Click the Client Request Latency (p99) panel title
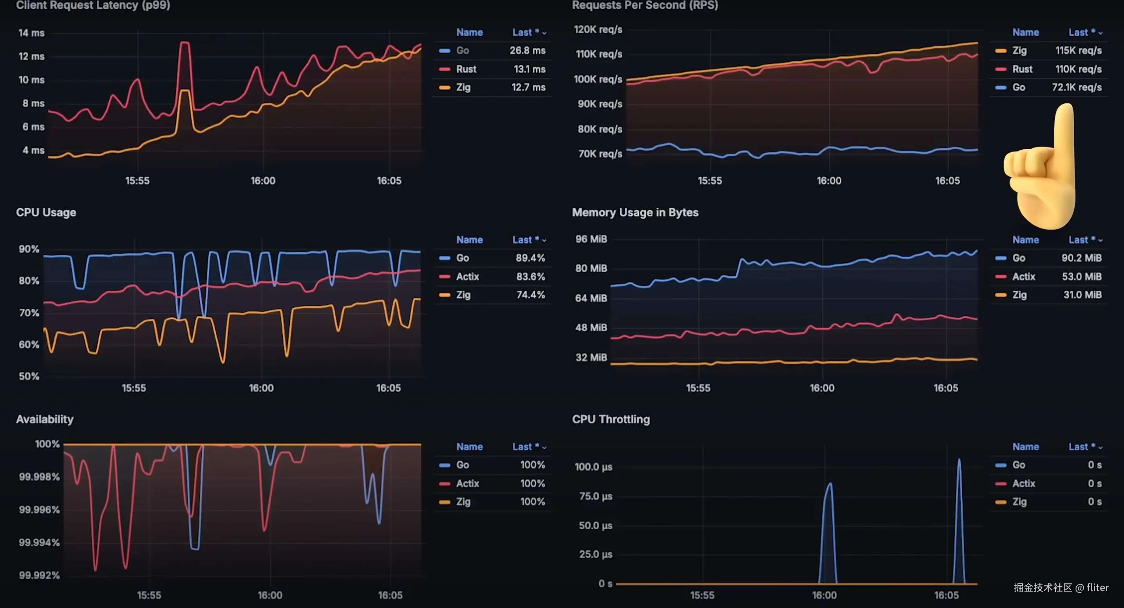pyautogui.click(x=93, y=5)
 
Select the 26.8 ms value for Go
pyautogui.click(x=527, y=51)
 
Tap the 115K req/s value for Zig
pyautogui.click(x=1078, y=51)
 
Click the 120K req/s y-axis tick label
pyautogui.click(x=597, y=30)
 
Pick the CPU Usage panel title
pyautogui.click(x=46, y=213)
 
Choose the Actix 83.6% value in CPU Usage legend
pyautogui.click(x=530, y=277)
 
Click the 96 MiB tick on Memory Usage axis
pyautogui.click(x=591, y=239)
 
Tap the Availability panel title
pyautogui.click(x=45, y=420)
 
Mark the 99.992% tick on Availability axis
pyautogui.click(x=39, y=575)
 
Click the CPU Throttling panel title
pyautogui.click(x=611, y=420)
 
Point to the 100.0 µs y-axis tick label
pyautogui.click(x=593, y=467)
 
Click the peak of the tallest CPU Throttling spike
pyautogui.click(x=959, y=460)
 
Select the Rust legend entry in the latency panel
pyautogui.click(x=466, y=69)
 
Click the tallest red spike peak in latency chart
pyautogui.click(x=184, y=43)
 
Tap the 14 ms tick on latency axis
pyautogui.click(x=31, y=33)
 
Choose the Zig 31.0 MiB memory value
pyautogui.click(x=1082, y=295)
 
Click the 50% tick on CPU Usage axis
pyautogui.click(x=29, y=376)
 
